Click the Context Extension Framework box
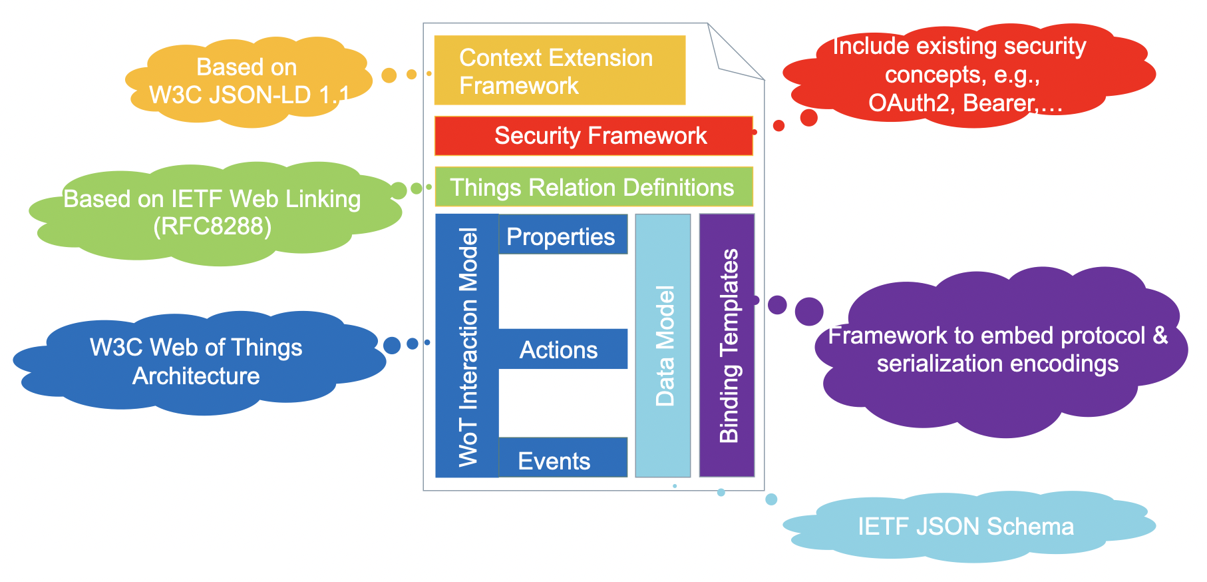click(559, 71)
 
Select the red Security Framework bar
click(593, 136)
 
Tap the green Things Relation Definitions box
click(593, 187)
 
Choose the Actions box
click(562, 349)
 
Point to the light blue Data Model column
click(663, 346)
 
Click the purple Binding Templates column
click(727, 346)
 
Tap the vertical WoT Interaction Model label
click(468, 346)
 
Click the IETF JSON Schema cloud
click(965, 527)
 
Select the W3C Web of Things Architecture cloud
click(196, 362)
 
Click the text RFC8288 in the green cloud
click(212, 226)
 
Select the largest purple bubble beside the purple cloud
click(809, 312)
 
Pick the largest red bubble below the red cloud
click(808, 118)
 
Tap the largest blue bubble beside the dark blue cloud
click(392, 345)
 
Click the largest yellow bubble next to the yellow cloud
click(389, 75)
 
